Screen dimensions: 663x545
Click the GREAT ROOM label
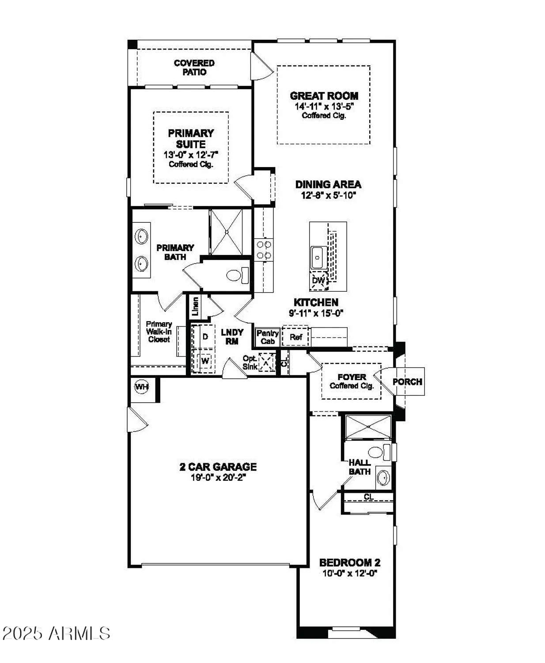(324, 96)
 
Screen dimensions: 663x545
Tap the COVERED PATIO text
(194, 68)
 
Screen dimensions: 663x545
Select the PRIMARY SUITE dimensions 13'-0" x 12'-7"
(191, 155)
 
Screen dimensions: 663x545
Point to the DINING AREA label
(328, 184)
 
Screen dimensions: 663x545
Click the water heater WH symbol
(141, 387)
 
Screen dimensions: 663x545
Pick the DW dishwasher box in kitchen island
(318, 281)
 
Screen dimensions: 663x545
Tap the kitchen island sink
(318, 258)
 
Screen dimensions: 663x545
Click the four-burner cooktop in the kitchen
(264, 249)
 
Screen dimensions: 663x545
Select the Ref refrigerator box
(296, 337)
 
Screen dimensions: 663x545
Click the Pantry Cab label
(267, 337)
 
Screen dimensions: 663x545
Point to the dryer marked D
(205, 337)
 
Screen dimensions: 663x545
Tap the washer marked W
(205, 361)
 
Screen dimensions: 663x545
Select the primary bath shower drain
(226, 232)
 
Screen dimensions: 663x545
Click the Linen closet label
(195, 306)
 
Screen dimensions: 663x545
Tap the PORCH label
(407, 381)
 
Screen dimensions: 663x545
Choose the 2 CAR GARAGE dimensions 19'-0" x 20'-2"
(218, 477)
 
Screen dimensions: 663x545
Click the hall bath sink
(383, 477)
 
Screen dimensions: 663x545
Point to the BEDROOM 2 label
(350, 563)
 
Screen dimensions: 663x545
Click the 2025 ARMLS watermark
(56, 633)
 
